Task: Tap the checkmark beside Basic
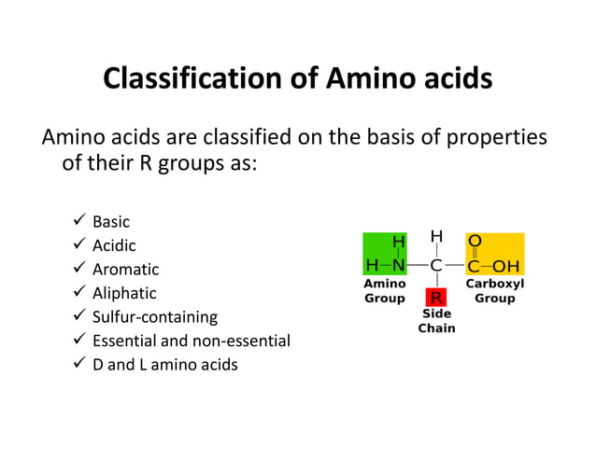click(78, 222)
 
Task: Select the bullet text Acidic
click(114, 245)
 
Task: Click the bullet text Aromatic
click(125, 270)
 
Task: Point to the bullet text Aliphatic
click(124, 293)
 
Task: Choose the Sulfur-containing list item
click(154, 317)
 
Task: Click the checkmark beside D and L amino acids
click(78, 365)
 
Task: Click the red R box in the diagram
click(436, 299)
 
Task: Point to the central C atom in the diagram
click(436, 264)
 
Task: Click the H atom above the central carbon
click(436, 236)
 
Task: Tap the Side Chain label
click(436, 322)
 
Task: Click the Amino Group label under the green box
click(385, 290)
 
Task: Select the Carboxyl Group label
click(495, 290)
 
